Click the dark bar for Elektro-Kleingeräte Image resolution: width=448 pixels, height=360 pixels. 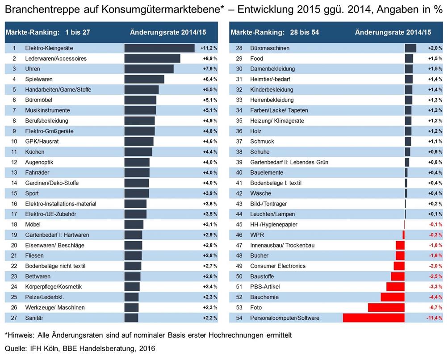pos(159,48)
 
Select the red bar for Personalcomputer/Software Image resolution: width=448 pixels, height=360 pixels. pos(373,318)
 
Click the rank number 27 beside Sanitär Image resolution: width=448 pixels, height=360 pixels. pos(14,318)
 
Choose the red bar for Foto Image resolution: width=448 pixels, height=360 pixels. pos(386,308)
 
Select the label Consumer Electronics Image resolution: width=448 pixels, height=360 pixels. pos(278,266)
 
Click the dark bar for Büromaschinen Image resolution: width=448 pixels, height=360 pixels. pos(410,48)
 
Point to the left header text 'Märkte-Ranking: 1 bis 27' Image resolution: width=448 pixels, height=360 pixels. pos(48,32)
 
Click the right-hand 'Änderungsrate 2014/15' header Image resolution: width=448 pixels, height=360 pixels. pos(393,32)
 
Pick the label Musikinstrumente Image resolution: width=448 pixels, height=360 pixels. pos(47,110)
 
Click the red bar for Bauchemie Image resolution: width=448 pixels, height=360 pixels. pos(393,297)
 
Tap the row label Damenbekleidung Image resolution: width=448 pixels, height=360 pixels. pos(272,69)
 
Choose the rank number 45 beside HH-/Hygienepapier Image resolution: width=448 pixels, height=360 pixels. pos(239,225)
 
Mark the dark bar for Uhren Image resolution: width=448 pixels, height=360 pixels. pos(149,69)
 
